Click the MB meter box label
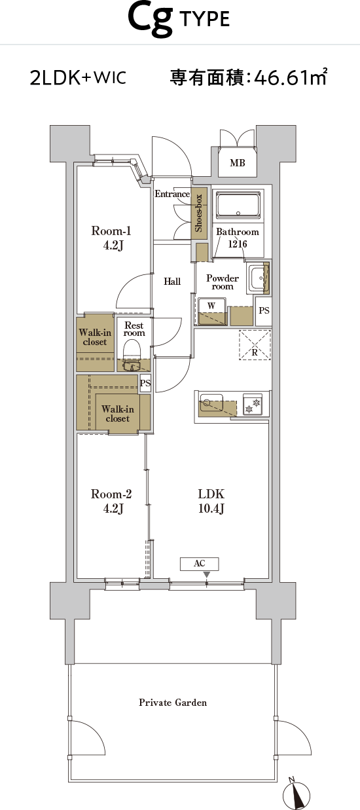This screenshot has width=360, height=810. pos(238,163)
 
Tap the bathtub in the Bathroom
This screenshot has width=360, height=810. pos(238,205)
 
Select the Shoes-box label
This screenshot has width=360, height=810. pos(199,213)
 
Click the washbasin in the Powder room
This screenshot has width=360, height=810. pos(258,278)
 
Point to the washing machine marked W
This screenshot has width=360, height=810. pos(212,311)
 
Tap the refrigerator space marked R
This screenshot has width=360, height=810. pos(255,345)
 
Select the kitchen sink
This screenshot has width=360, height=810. pos(212,403)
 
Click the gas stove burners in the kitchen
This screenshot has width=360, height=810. pos(252,405)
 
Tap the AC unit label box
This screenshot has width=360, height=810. pos(200,563)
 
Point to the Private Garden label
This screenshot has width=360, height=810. pos(173,703)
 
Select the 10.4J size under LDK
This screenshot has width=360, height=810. pos(211,509)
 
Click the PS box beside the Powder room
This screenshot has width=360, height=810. pos(264,310)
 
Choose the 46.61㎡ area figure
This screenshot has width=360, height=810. pos(291,77)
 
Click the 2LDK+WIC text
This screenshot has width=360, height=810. pos(78,77)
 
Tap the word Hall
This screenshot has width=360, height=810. pos(172,282)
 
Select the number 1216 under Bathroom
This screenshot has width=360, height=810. pos(238,244)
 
